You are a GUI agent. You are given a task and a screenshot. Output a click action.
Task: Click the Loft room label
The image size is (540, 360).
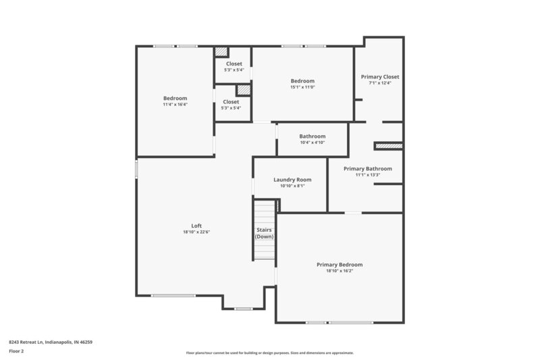point(196,226)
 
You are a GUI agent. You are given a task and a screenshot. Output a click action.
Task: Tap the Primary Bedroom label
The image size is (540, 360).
point(340,264)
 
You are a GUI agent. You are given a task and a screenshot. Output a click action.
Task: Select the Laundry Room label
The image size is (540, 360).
point(292,180)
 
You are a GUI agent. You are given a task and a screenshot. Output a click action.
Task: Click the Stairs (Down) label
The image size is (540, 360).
point(264,233)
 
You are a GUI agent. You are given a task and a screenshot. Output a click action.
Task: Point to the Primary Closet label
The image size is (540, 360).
point(380,76)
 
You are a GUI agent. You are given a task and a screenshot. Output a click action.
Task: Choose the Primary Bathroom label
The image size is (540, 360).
point(367,169)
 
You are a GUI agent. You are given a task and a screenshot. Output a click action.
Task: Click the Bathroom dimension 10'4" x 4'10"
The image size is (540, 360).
point(313,143)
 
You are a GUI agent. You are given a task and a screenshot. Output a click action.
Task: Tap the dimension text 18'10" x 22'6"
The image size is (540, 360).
point(196,232)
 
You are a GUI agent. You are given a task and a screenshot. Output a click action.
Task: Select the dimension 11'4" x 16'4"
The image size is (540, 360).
point(175,105)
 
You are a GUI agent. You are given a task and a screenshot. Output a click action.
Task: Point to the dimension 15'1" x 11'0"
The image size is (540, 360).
point(302,87)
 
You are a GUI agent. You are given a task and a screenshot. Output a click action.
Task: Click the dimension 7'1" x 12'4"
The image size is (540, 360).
point(380,83)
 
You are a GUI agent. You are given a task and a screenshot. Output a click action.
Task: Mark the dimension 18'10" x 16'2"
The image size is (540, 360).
point(340,271)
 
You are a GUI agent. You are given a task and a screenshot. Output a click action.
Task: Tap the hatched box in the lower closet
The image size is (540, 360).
point(243,89)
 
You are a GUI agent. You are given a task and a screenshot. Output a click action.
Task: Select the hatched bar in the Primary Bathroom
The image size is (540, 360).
point(388,145)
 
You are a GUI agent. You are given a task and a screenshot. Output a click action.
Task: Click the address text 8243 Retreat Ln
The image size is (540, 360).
point(51,342)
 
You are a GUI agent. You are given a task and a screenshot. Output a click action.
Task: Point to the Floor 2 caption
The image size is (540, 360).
point(17,351)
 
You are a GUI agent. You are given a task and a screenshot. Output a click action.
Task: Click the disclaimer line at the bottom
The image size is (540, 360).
point(269,353)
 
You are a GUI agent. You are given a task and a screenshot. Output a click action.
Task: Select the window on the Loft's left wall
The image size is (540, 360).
point(136,168)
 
